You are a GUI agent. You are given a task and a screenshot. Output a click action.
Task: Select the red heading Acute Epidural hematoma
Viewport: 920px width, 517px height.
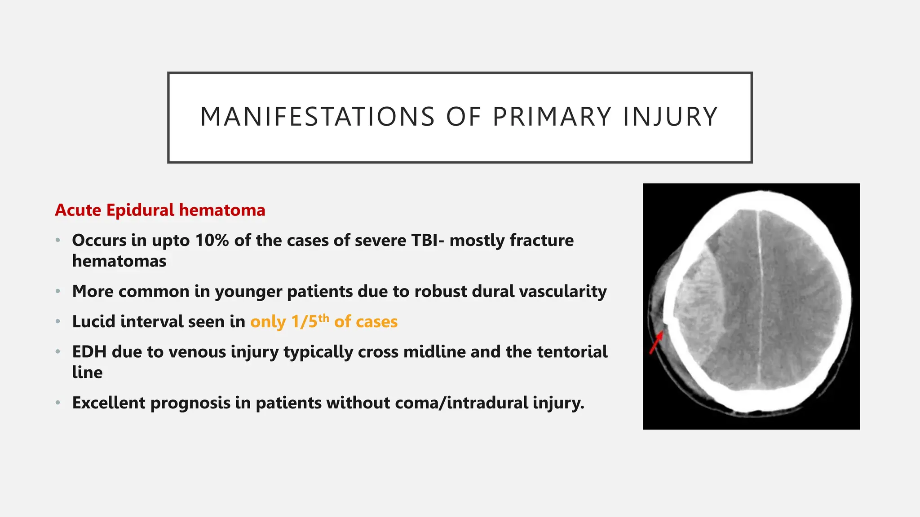click(x=160, y=210)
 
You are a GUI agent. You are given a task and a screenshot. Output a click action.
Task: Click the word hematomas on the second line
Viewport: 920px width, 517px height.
click(x=119, y=261)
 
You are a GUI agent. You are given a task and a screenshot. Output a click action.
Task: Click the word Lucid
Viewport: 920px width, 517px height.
click(x=94, y=322)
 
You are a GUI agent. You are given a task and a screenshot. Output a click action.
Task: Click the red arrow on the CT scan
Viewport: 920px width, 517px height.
click(x=656, y=342)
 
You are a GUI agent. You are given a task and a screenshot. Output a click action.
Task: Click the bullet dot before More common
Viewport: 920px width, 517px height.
click(x=58, y=292)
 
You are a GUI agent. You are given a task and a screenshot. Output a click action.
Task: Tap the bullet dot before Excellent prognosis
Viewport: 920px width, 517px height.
click(x=58, y=403)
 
